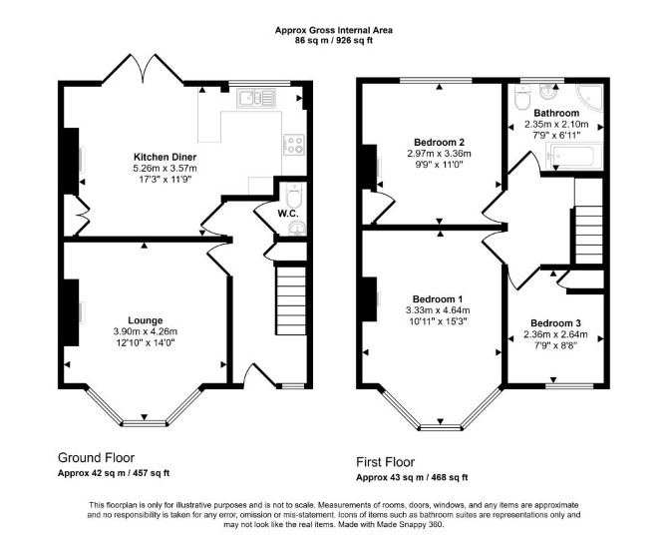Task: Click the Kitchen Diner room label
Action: pyautogui.click(x=165, y=157)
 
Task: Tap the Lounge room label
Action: pyautogui.click(x=146, y=320)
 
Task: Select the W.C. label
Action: pyautogui.click(x=288, y=214)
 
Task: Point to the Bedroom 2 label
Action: pyautogui.click(x=439, y=142)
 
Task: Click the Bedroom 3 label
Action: pyautogui.click(x=555, y=323)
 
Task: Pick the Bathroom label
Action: pyautogui.click(x=556, y=113)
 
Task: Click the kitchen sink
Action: pyautogui.click(x=256, y=98)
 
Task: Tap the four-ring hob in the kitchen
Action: pyautogui.click(x=294, y=144)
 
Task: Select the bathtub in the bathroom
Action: pyautogui.click(x=574, y=157)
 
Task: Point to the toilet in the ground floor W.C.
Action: pyautogui.click(x=294, y=195)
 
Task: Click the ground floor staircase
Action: pyautogui.click(x=291, y=300)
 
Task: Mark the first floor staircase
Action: pyautogui.click(x=589, y=235)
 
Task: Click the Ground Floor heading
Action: pyautogui.click(x=97, y=458)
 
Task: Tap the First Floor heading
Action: pyautogui.click(x=386, y=462)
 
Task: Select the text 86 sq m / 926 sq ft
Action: pyautogui.click(x=334, y=41)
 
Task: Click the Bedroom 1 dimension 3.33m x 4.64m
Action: pyautogui.click(x=438, y=310)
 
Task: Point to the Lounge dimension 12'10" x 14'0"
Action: pyautogui.click(x=146, y=342)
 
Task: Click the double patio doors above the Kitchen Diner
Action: pyautogui.click(x=144, y=68)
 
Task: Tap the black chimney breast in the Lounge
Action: pyautogui.click(x=71, y=312)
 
